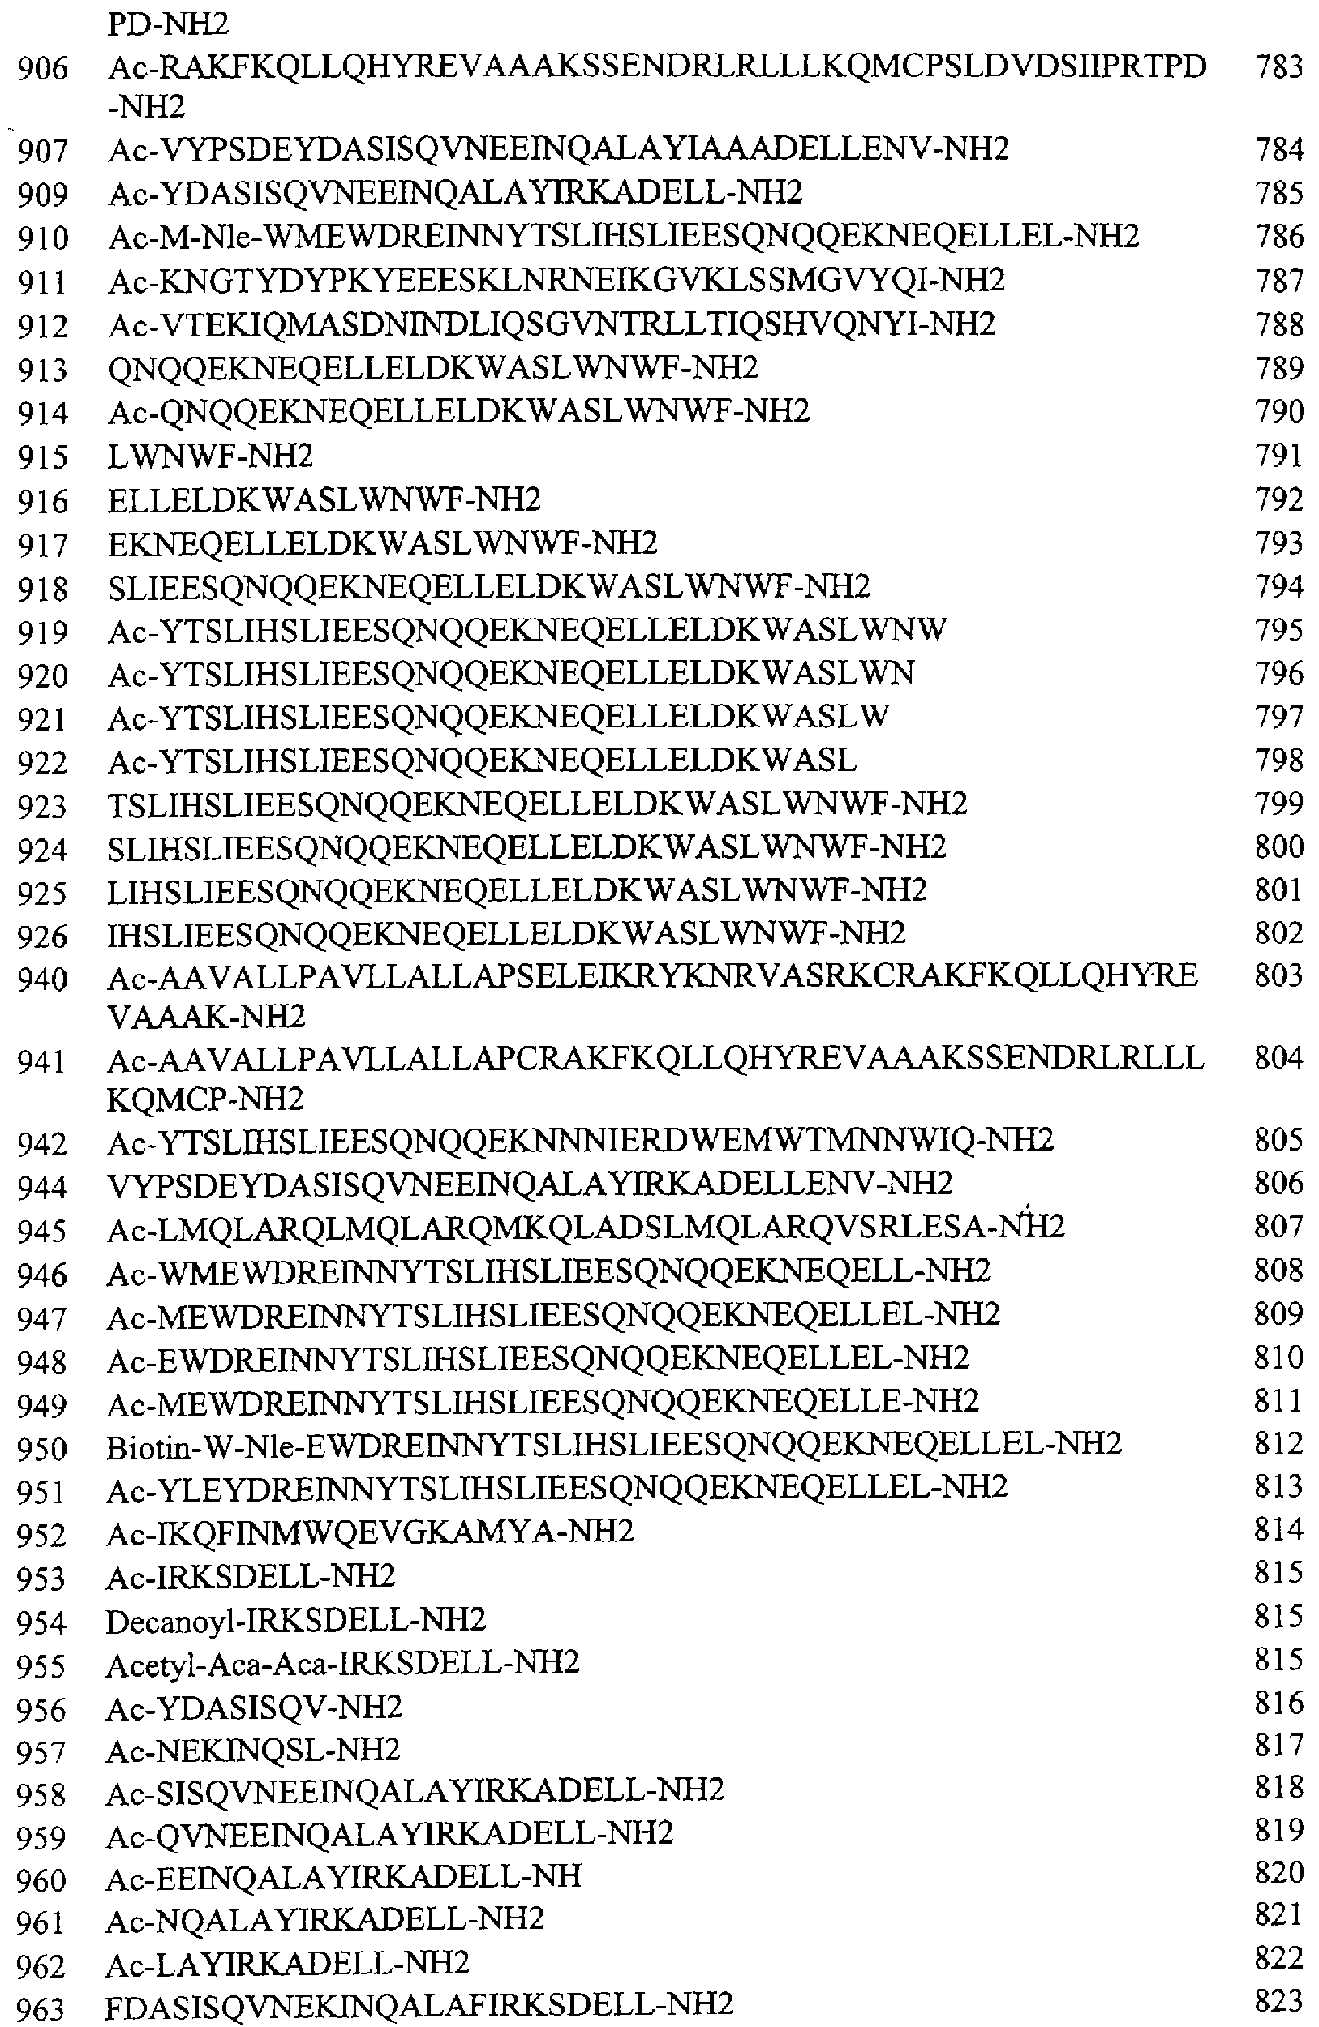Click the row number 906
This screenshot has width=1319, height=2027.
[43, 68]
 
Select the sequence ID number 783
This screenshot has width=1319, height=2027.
[1279, 67]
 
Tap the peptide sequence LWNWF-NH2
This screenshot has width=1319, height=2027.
[210, 456]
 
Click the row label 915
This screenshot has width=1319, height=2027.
[43, 457]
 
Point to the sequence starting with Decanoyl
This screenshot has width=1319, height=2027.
[295, 1619]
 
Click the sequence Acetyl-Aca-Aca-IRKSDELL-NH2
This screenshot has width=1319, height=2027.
[342, 1662]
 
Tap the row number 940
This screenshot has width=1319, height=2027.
[43, 979]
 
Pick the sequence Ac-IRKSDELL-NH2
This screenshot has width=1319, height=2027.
[251, 1575]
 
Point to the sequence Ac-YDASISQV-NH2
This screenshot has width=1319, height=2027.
[254, 1707]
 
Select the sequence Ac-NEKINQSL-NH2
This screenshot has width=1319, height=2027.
[253, 1750]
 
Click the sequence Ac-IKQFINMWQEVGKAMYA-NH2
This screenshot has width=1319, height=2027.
[371, 1532]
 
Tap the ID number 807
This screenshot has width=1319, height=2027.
[1279, 1226]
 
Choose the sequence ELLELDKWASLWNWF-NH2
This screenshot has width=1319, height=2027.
[324, 499]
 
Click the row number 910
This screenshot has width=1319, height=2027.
[43, 238]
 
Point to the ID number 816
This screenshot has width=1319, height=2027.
[1279, 1703]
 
